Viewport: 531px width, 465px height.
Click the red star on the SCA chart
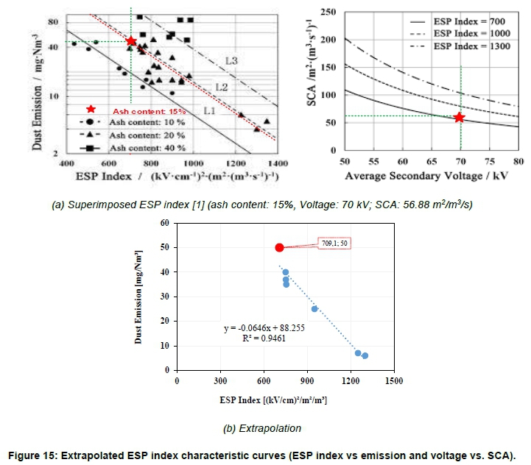pos(460,117)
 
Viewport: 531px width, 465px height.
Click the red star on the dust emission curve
pos(131,41)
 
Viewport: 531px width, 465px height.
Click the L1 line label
pos(209,110)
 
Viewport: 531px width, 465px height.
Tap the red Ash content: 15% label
pos(138,111)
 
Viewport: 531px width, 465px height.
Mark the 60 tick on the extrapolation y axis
pos(165,223)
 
